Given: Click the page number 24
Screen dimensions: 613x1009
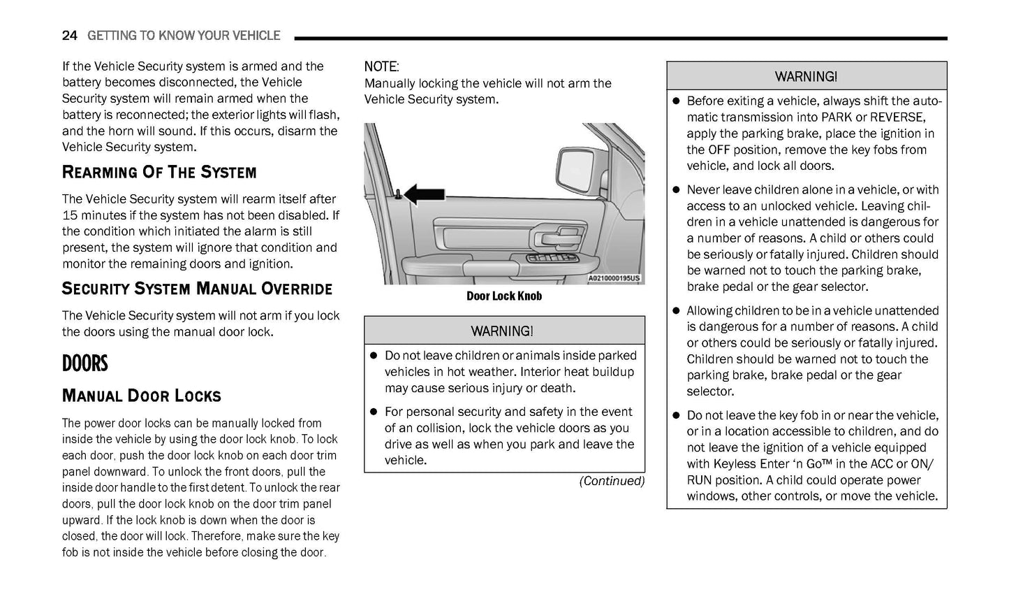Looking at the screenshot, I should [x=69, y=36].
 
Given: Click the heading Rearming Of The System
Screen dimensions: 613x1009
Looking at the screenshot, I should [x=159, y=173].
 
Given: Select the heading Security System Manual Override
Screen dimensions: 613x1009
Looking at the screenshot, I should [x=197, y=289].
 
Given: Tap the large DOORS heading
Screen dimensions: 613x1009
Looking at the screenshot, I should [x=85, y=363].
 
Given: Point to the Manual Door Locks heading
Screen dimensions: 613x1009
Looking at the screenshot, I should [x=142, y=396].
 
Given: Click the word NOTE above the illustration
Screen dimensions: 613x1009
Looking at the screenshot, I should [x=381, y=67].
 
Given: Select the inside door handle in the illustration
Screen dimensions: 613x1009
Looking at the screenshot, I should [x=555, y=240].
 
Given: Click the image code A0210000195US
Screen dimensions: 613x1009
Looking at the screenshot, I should [x=614, y=278].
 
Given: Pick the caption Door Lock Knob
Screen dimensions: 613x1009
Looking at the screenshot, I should [x=504, y=296].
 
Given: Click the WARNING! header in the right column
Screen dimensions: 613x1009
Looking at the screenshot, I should [x=806, y=77].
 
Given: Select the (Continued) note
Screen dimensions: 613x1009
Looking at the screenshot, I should [x=612, y=481].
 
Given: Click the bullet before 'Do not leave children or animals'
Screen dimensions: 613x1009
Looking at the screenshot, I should [x=374, y=356].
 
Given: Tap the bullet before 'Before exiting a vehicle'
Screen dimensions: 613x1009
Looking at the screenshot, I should [x=675, y=101].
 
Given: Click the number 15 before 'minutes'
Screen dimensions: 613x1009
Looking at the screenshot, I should [x=70, y=215].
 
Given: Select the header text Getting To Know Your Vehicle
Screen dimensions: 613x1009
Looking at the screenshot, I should [x=184, y=36].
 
